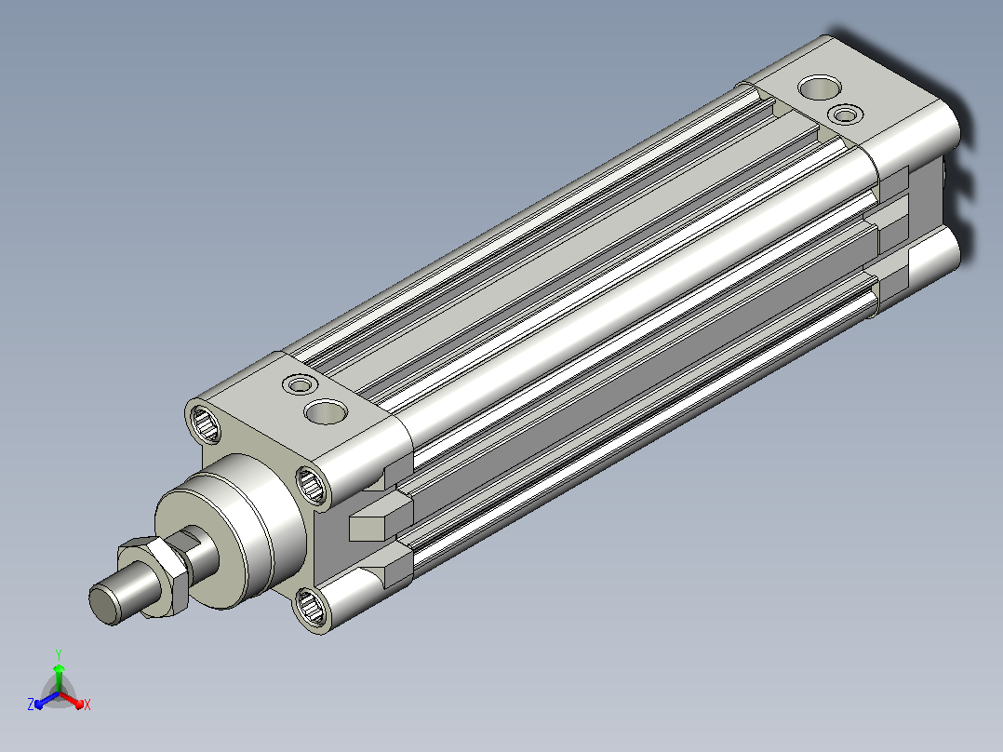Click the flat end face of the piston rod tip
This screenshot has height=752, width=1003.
[x=103, y=605]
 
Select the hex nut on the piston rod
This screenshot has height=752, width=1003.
[x=156, y=576]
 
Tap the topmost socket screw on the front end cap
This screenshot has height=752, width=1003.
[x=204, y=423]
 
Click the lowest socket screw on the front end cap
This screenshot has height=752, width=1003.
[x=312, y=607]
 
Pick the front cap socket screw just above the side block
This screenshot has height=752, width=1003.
[x=313, y=484]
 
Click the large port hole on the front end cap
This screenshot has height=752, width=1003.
[x=327, y=411]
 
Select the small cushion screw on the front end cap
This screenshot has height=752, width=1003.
[x=300, y=384]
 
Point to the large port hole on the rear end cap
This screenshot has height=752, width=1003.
[x=820, y=87]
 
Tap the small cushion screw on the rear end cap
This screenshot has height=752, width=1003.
[x=845, y=114]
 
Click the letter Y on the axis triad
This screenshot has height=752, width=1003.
[x=59, y=654]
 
